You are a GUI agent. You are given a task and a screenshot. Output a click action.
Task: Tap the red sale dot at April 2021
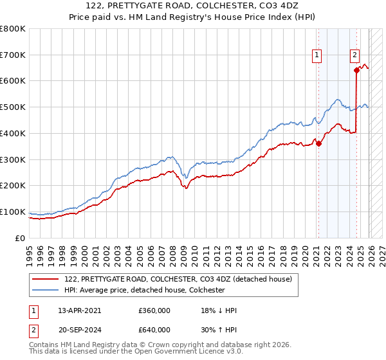pyautogui.click(x=318, y=143)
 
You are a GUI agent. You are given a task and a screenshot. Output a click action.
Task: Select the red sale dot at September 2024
pyautogui.click(x=356, y=71)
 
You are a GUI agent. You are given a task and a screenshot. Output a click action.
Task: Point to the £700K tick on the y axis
pyautogui.click(x=12, y=55)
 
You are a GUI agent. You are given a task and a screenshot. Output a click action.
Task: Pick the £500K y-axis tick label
pyautogui.click(x=12, y=107)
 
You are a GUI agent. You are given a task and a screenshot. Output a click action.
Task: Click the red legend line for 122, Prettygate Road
pyautogui.click(x=44, y=280)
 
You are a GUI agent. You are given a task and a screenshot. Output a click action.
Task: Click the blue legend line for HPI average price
pyautogui.click(x=44, y=291)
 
